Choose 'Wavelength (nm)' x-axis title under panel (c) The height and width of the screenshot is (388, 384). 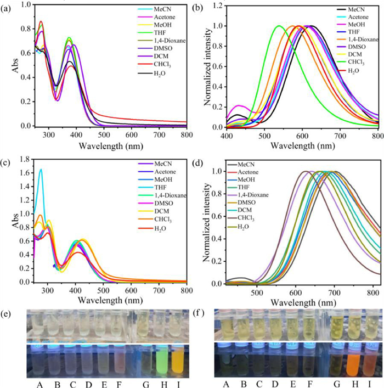[104, 301]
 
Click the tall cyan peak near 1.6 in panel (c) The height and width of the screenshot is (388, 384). [41, 171]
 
